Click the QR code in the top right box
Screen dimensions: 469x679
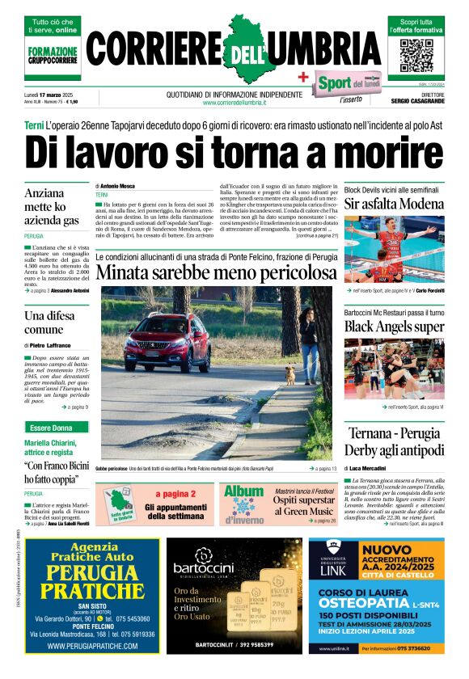coord(416,54)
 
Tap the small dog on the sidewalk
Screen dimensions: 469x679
coord(289,374)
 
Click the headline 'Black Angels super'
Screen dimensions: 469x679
coord(394,327)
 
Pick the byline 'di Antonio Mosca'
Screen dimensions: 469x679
coord(117,186)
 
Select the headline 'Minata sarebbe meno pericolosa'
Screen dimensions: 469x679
coord(215,296)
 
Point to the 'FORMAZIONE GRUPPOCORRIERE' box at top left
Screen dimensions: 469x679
coord(54,54)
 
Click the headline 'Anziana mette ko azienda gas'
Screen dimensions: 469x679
coord(53,207)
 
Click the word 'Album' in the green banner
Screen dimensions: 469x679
coord(243,491)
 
